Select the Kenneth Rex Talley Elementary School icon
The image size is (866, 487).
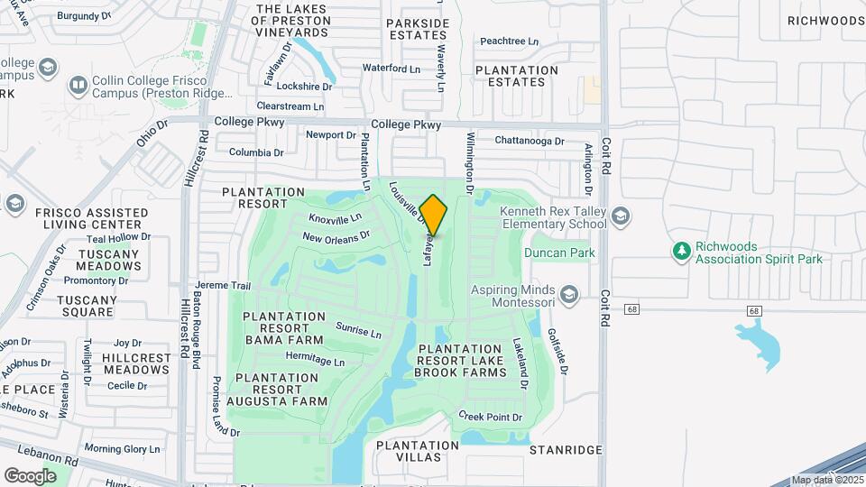(620, 216)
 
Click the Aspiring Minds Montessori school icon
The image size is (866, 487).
(568, 294)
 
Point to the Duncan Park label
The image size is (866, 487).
(559, 253)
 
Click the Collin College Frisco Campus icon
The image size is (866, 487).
(78, 86)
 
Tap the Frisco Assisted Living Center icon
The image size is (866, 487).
(14, 204)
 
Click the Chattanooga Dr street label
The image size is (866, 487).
(530, 141)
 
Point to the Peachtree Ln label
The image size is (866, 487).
(509, 41)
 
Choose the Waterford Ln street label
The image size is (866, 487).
(392, 68)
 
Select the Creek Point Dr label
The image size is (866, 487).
(491, 417)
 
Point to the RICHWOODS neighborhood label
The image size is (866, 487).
(825, 20)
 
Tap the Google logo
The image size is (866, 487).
(30, 475)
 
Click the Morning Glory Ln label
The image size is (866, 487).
(122, 448)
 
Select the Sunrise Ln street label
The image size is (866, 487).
(358, 330)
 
